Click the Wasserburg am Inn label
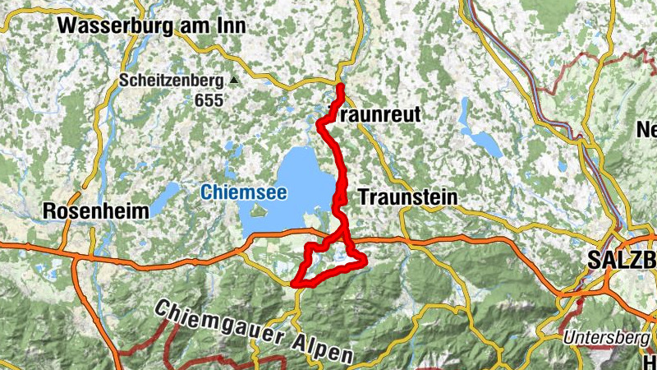pyautogui.click(x=152, y=26)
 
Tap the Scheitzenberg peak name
pyautogui.click(x=171, y=81)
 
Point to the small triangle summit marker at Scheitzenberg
pyautogui.click(x=233, y=81)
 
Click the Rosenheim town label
pyautogui.click(x=95, y=210)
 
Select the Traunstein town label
pyautogui.click(x=407, y=197)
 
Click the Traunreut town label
pyautogui.click(x=374, y=116)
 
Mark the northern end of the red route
pyautogui.click(x=340, y=86)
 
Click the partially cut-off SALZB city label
pyautogui.click(x=622, y=261)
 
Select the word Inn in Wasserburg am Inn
pyautogui.click(x=228, y=26)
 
